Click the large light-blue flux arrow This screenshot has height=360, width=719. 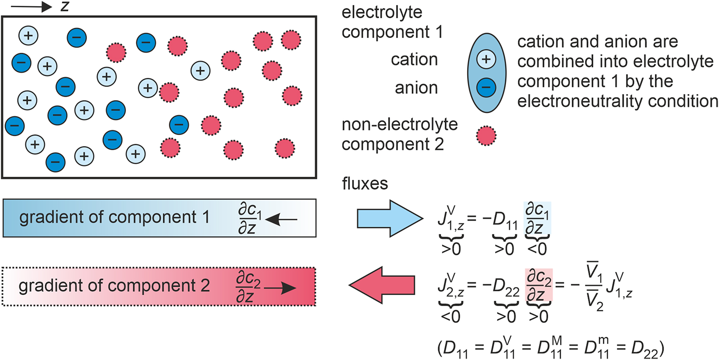coord(389,218)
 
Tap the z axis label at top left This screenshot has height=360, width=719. coord(65,6)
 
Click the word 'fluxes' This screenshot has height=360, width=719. coord(365,184)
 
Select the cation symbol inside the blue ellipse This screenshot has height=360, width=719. coord(486,59)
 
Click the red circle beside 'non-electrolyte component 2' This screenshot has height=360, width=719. coord(486,136)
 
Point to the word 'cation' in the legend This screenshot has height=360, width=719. coord(414,59)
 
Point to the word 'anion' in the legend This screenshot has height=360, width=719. coord(416,88)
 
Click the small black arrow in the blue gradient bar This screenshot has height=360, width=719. coord(281,219)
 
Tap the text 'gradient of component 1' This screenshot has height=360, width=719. coord(114,217)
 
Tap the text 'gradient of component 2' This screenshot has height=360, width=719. coord(114,286)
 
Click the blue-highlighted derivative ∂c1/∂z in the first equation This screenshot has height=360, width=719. coord(537,218)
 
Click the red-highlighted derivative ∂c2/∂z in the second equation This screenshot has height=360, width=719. coord(539,285)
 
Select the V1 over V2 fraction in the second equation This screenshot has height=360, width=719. coord(594,286)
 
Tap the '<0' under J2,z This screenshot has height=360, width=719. coord(450,317)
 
